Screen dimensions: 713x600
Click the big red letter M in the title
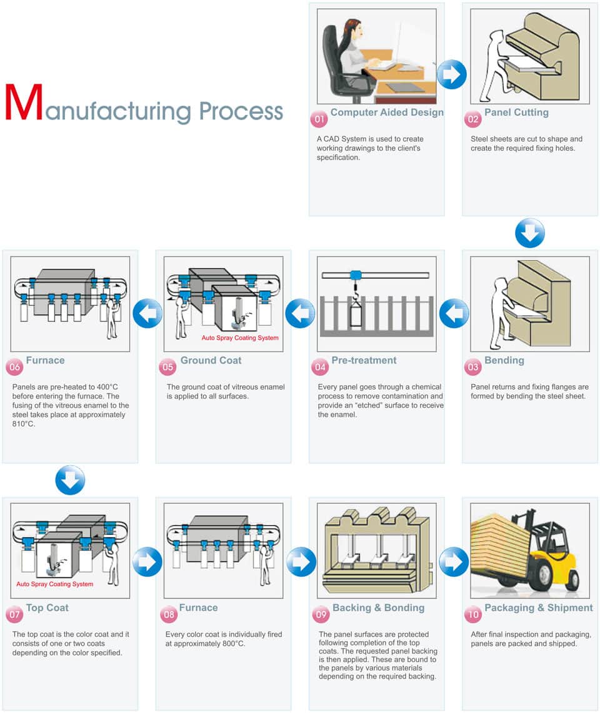(24, 103)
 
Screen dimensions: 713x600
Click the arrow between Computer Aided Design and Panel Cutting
(451, 75)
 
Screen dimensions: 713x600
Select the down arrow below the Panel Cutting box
(530, 233)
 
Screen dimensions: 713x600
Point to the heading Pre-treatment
(364, 360)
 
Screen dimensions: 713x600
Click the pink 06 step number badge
(15, 367)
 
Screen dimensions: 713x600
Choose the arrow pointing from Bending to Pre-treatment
(454, 313)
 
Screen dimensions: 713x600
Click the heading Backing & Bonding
(378, 608)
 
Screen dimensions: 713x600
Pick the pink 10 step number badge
(473, 614)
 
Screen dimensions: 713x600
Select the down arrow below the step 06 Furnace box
(70, 480)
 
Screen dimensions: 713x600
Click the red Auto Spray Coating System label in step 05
(240, 338)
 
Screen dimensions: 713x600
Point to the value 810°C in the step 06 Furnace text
(24, 424)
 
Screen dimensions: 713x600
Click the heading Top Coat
(47, 608)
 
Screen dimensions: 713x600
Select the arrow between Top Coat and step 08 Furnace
(147, 562)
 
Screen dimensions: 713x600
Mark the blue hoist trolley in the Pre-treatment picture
(357, 275)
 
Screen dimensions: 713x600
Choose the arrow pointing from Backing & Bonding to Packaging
(454, 562)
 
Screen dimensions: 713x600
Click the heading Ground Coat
(211, 360)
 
